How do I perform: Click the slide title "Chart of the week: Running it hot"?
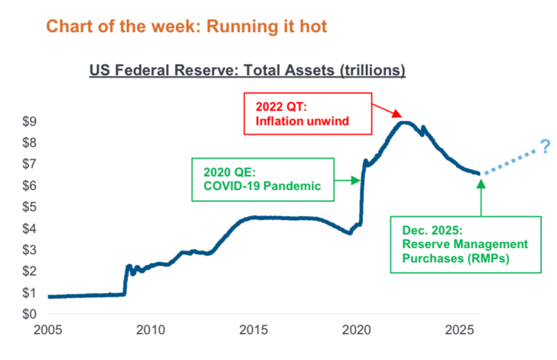pyautogui.click(x=186, y=27)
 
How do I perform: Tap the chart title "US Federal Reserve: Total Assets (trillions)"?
pyautogui.click(x=247, y=70)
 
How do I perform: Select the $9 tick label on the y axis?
pyautogui.click(x=27, y=122)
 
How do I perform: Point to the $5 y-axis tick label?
pyautogui.click(x=27, y=207)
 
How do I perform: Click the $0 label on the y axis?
pyautogui.click(x=27, y=314)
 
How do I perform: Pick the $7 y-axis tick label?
pyautogui.click(x=27, y=164)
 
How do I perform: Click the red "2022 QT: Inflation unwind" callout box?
pyautogui.click(x=307, y=114)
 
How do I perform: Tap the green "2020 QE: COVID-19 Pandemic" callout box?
pyautogui.click(x=263, y=179)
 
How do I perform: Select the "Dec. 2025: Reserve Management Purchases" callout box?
pyautogui.click(x=466, y=244)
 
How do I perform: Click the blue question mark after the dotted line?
pyautogui.click(x=545, y=147)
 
